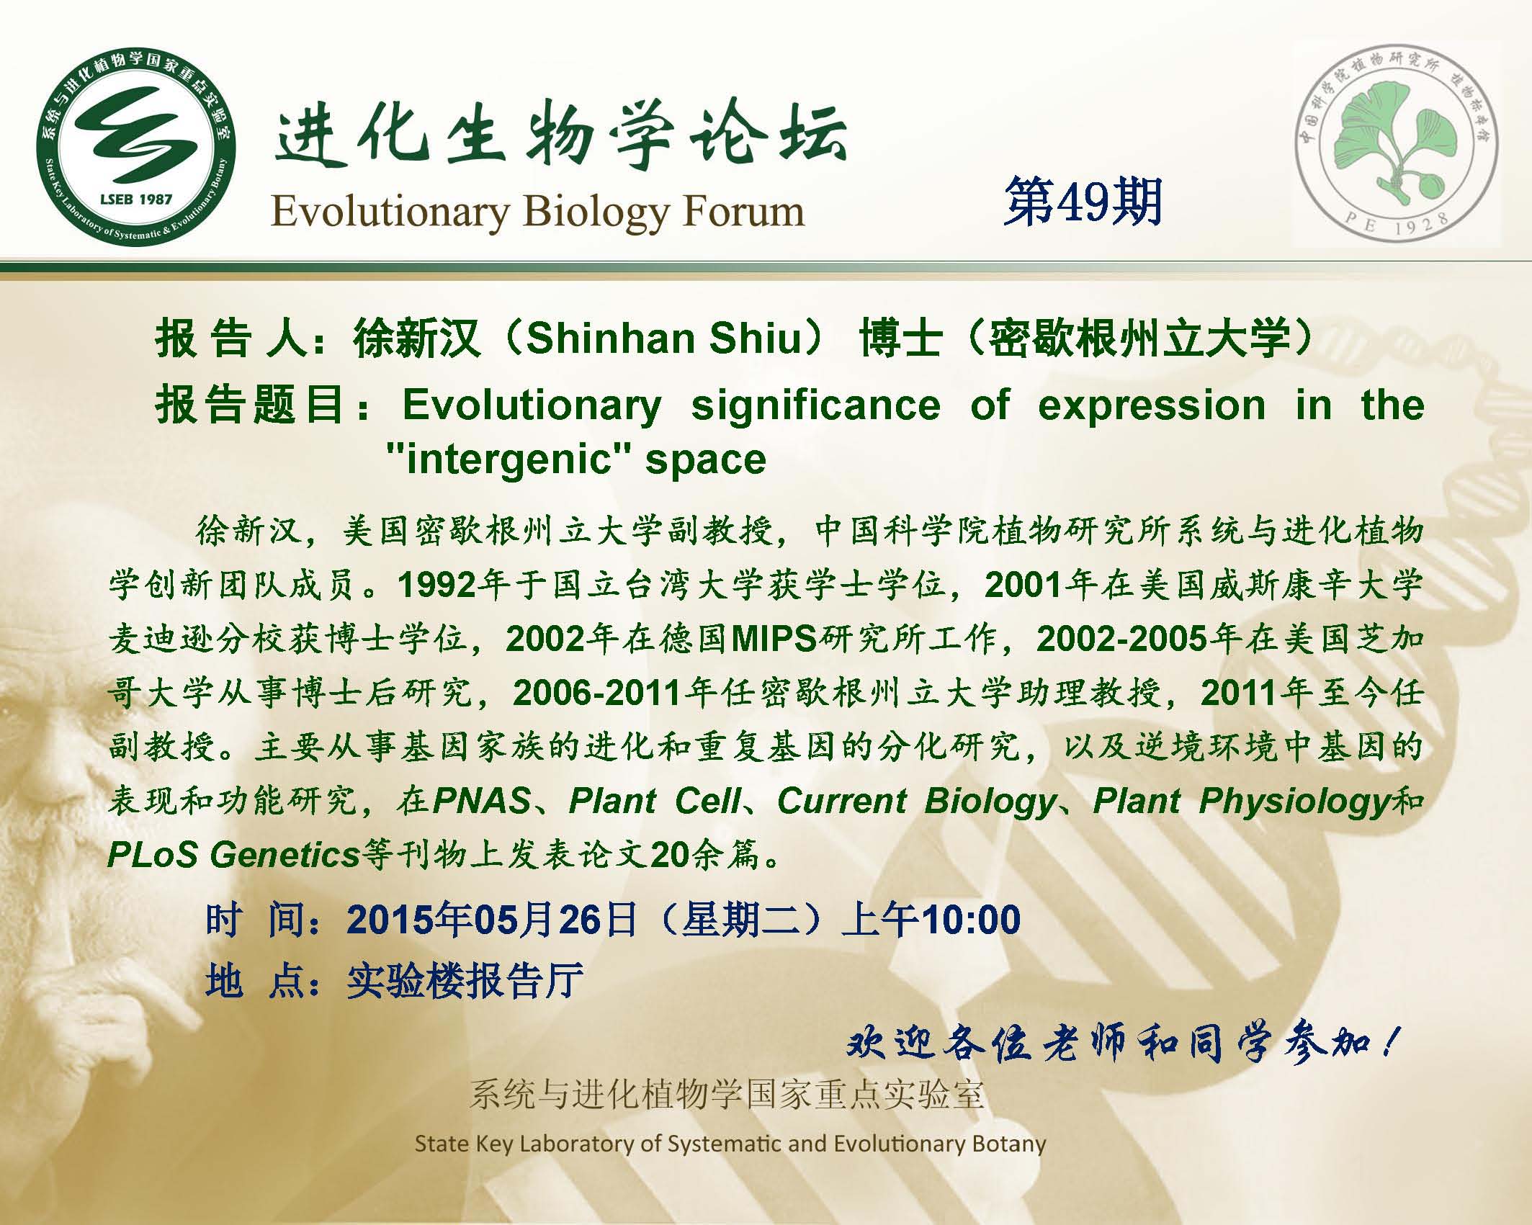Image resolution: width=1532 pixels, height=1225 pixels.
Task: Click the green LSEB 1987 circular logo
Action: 136,146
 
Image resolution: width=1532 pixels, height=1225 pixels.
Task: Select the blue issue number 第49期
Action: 1083,202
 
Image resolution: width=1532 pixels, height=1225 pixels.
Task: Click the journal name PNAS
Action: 482,801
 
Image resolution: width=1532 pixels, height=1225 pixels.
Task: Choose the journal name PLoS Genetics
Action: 233,855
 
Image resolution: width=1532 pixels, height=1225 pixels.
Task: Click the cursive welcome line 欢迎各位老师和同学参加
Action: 1121,1042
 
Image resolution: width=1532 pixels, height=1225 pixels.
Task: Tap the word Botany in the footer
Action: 1008,1144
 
